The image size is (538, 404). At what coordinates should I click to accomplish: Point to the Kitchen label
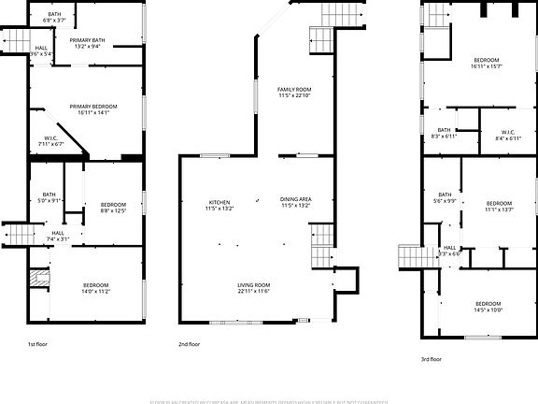(219, 202)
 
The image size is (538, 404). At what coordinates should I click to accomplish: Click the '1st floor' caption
(37, 344)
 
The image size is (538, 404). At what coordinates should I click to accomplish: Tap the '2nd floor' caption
(189, 344)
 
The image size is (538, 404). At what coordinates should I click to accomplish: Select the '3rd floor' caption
(431, 358)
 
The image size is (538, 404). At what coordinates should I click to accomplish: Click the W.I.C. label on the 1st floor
(52, 139)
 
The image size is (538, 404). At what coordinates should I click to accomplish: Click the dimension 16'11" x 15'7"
(487, 66)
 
